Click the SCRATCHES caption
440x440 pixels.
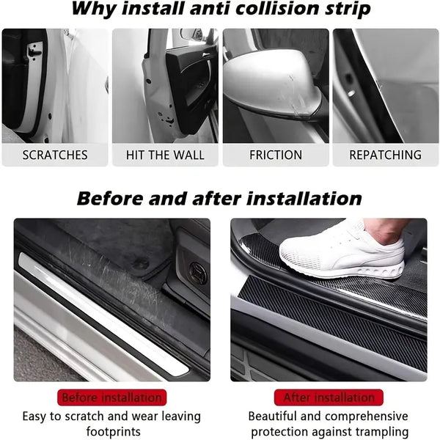(55, 155)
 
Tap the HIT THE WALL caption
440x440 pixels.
(165, 155)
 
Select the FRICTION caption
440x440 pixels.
(276, 155)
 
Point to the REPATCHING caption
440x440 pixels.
(385, 155)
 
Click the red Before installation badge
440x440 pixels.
(112, 397)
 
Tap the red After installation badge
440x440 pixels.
(329, 397)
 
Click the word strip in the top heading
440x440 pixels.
(348, 10)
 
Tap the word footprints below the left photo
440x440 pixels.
(114, 431)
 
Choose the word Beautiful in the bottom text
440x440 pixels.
(272, 416)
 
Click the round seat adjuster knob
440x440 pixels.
(198, 273)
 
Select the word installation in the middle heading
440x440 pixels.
(304, 199)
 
